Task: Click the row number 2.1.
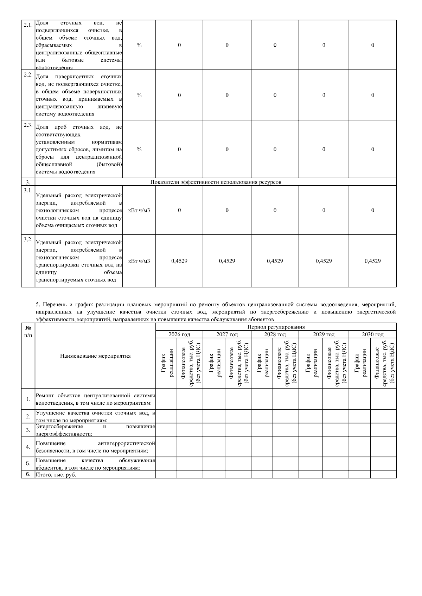click(x=28, y=25)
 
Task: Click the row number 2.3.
click(x=28, y=126)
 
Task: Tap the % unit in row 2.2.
click(x=139, y=95)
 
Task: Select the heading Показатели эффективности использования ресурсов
click(x=216, y=182)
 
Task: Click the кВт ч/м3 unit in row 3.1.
click(x=139, y=210)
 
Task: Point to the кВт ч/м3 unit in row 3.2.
click(x=139, y=261)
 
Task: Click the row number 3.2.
click(x=28, y=240)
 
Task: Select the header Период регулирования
click(x=276, y=327)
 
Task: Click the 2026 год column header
click(x=179, y=335)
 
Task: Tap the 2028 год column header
click(x=275, y=335)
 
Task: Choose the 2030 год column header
click(x=372, y=335)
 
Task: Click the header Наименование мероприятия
click(x=95, y=356)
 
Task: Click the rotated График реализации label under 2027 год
click(x=214, y=363)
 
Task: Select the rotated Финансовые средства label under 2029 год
click(x=335, y=363)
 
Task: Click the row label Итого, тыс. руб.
click(x=56, y=475)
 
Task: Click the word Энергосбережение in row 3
click(x=59, y=426)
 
